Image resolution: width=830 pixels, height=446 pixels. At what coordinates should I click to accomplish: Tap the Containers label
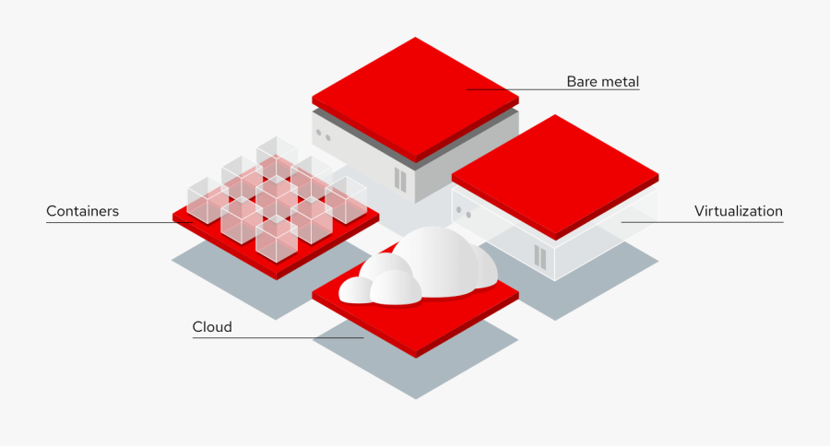coord(83,211)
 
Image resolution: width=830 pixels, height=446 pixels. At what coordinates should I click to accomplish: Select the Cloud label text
coord(212,327)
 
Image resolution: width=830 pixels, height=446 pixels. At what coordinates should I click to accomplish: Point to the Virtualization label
coord(738,211)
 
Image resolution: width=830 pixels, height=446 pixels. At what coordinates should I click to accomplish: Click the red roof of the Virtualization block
coord(555,170)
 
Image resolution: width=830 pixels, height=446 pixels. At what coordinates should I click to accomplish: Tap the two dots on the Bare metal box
coord(323,134)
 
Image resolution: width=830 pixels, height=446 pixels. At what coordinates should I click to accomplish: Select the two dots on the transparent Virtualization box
coord(463,212)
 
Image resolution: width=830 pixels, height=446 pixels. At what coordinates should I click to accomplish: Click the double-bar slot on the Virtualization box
coord(539,256)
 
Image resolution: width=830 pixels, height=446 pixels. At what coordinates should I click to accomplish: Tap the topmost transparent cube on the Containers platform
coord(276,154)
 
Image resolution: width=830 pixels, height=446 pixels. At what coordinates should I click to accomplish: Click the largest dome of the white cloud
coord(433,258)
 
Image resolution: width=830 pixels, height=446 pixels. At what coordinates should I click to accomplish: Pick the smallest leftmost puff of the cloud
coord(354,290)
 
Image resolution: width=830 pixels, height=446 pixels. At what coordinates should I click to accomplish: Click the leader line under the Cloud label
coord(277,338)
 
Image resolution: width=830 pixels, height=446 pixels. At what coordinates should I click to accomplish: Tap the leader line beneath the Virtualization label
coord(701,222)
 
